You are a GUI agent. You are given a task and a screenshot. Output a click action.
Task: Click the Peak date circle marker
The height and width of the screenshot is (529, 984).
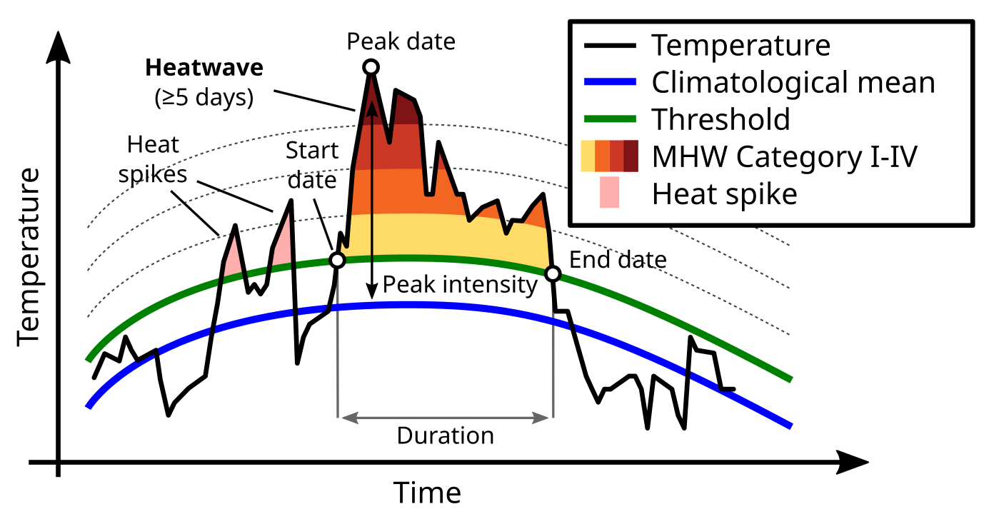(371, 67)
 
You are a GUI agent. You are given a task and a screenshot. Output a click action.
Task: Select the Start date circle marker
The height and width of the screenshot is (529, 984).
(337, 260)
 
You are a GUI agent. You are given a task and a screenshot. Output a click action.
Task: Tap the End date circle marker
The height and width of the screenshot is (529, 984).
(553, 273)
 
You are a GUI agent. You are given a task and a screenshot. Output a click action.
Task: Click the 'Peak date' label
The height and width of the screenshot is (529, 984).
(401, 41)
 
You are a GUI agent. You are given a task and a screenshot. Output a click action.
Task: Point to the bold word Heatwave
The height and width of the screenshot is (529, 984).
(204, 69)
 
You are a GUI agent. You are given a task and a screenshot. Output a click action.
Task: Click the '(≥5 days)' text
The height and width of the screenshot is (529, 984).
(204, 98)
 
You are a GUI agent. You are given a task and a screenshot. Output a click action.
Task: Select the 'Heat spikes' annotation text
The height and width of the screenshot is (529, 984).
(153, 159)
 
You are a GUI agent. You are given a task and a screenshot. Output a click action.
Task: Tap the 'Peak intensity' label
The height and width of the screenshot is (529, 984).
(459, 285)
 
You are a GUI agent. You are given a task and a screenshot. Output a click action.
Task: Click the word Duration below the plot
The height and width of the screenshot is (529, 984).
(445, 435)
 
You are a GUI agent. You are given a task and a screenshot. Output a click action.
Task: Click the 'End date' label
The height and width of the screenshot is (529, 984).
(618, 260)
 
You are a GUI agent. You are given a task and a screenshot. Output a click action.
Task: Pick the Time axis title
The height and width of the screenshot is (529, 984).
(427, 493)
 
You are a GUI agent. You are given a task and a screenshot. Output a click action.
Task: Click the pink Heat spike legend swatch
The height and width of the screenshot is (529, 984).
(609, 194)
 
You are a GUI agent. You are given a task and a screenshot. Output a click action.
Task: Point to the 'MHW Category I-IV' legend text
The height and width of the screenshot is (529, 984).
(784, 157)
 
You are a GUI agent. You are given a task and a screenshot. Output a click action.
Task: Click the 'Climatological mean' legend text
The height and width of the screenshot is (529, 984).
(793, 83)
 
